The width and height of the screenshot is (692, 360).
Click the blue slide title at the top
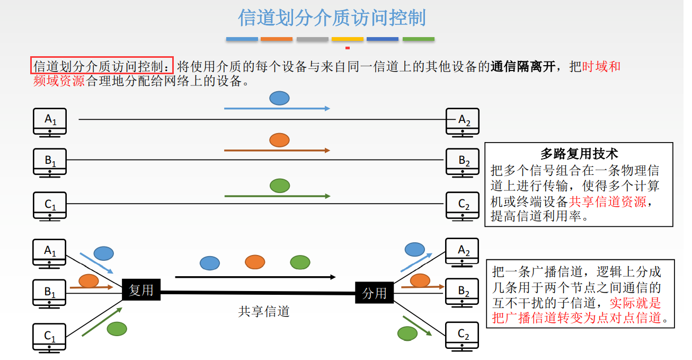pyautogui.click(x=332, y=17)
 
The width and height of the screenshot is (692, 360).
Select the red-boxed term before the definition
pyautogui.click(x=102, y=66)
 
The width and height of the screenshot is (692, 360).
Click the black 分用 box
pyautogui.click(x=374, y=293)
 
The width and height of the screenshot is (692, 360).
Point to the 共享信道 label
pyautogui.click(x=264, y=312)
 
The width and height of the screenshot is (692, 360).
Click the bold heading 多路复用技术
pyautogui.click(x=579, y=154)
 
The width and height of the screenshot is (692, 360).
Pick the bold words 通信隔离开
pyautogui.click(x=523, y=67)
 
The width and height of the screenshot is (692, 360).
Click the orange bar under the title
pyautogui.click(x=277, y=39)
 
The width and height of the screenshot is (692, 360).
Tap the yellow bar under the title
pyautogui.click(x=347, y=39)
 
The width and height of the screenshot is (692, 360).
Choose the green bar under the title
pyautogui.click(x=418, y=39)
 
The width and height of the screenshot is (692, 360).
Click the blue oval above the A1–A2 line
pyautogui.click(x=279, y=98)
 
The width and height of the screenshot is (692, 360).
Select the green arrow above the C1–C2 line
pyautogui.click(x=277, y=196)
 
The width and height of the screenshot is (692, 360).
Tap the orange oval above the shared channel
pyautogui.click(x=255, y=261)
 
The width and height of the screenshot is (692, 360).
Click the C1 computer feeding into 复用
pyautogui.click(x=50, y=338)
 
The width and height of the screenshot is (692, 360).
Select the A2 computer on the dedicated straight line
pyautogui.click(x=463, y=121)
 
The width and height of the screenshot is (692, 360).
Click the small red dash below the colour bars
pyautogui.click(x=347, y=48)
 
